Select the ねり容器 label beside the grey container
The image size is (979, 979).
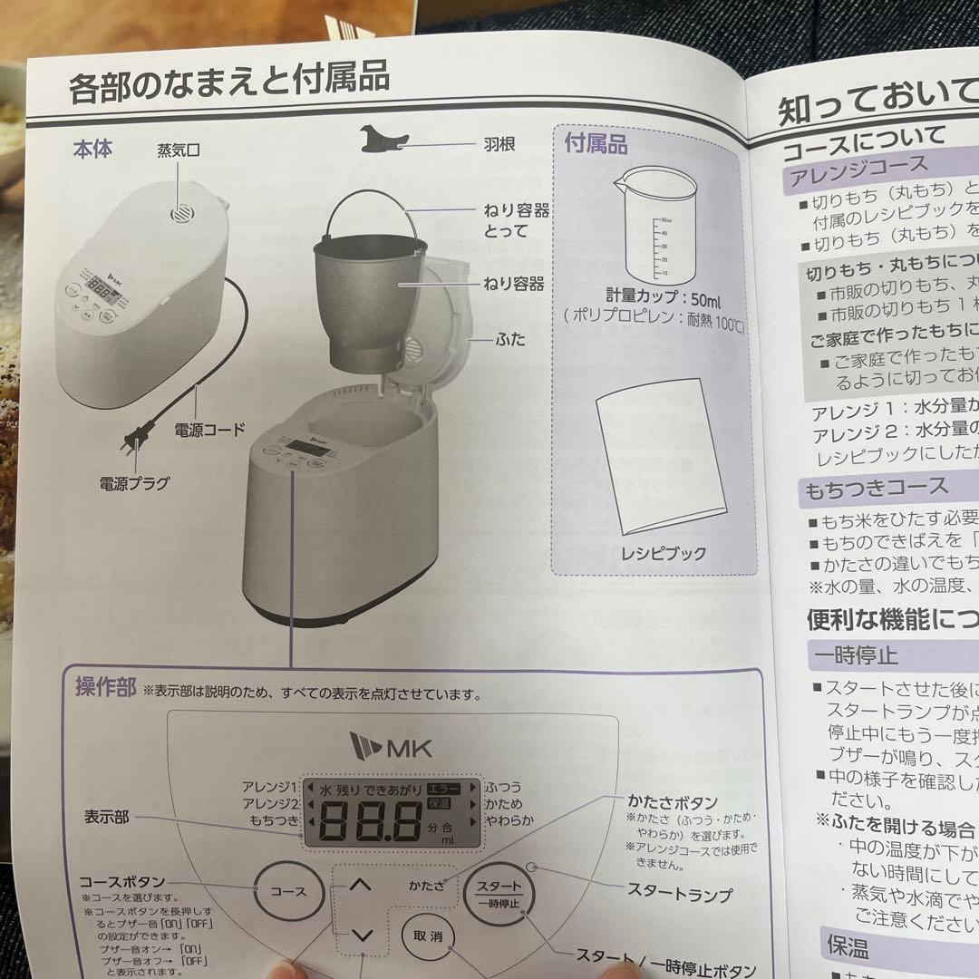(513, 285)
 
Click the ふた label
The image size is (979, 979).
(510, 341)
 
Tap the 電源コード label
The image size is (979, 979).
(209, 429)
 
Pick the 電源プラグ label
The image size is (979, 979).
(134, 483)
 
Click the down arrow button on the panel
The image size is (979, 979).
(362, 935)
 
